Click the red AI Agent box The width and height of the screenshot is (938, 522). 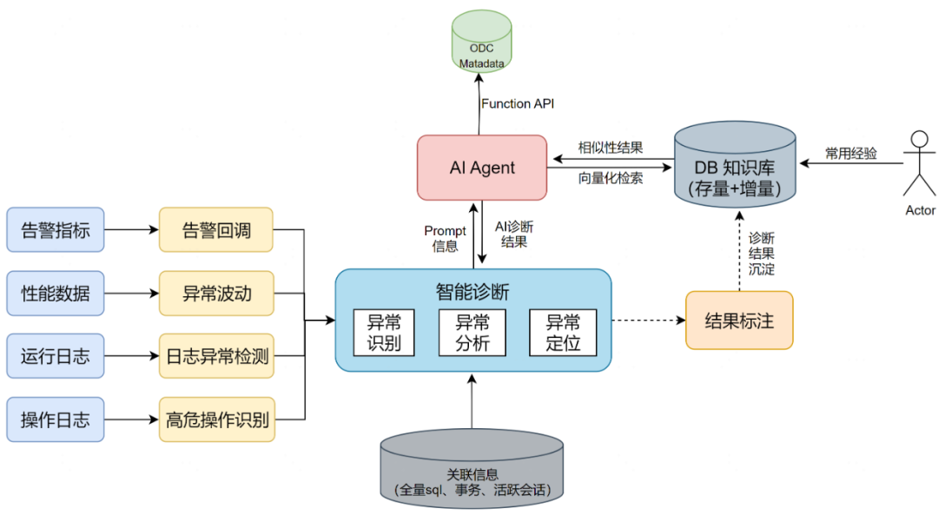click(482, 168)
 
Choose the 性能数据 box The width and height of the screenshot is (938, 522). click(56, 293)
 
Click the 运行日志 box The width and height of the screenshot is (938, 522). click(56, 356)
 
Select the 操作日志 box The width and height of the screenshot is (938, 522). click(56, 420)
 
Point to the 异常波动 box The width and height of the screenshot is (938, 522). click(215, 293)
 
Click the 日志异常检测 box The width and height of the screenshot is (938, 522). click(215, 356)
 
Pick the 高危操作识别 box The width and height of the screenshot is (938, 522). click(215, 420)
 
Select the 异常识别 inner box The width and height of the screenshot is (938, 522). click(384, 332)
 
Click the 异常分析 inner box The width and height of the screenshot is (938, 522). click(472, 332)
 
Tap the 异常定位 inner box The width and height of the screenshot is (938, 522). click(563, 332)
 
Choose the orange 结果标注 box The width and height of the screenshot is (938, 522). click(739, 320)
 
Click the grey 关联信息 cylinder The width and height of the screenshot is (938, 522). click(472, 473)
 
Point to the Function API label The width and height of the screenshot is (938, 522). click(518, 104)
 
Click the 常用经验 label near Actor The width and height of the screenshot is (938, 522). click(850, 154)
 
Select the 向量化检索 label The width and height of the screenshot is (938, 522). click(611, 178)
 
